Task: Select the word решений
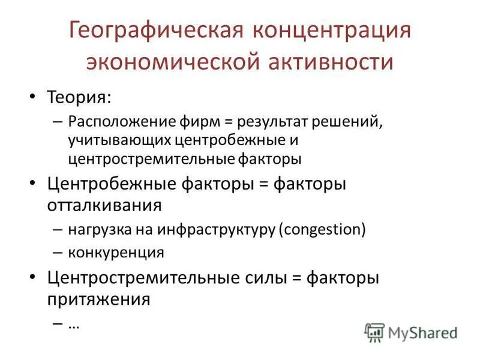point(344,122)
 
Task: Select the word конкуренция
point(116,252)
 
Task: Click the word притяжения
point(98,298)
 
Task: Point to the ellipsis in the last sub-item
point(74,324)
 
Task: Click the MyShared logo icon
point(374,332)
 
